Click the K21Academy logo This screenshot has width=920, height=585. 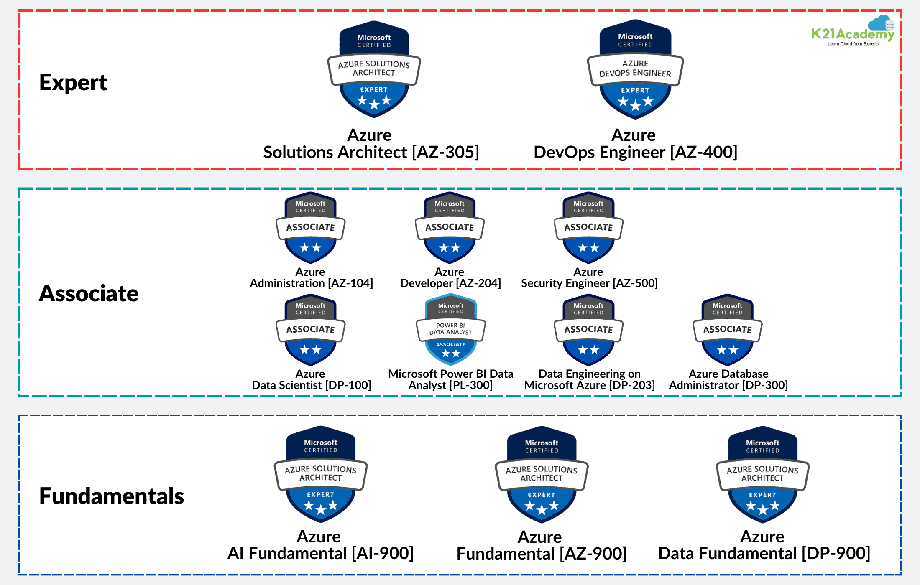(853, 32)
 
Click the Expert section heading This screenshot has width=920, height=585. (73, 82)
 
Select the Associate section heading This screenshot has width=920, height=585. (89, 293)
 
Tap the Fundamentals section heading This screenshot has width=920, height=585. (112, 496)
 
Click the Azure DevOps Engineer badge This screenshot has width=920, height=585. (635, 69)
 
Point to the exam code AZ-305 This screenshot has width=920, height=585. (446, 153)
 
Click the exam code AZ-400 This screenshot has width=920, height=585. (704, 153)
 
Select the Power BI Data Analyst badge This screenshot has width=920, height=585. (450, 330)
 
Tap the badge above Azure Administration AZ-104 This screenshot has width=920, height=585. (311, 228)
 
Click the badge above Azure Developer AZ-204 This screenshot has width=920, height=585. (450, 228)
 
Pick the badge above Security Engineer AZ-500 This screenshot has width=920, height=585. (588, 228)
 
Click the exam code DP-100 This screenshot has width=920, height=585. (348, 385)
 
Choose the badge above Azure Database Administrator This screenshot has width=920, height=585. (727, 330)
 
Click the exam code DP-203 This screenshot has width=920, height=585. (632, 385)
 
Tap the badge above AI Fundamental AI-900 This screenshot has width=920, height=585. (321, 474)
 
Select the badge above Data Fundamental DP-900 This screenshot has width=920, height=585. (762, 474)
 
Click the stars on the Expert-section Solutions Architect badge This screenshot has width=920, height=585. (374, 101)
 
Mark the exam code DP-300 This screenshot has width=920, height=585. (765, 385)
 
